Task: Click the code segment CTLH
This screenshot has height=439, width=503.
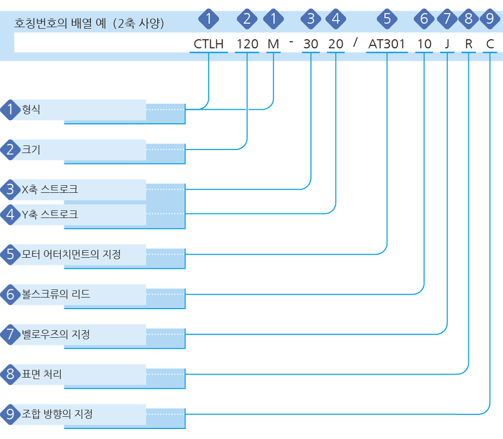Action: pos(209,44)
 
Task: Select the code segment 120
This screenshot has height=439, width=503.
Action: pos(247,44)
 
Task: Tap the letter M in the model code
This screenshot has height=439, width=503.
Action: pos(273,44)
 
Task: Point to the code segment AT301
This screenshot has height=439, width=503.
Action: pos(386,44)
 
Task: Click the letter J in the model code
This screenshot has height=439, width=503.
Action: pos(447,44)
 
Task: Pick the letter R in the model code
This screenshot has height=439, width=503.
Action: pos(469,44)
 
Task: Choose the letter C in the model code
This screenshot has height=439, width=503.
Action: pos(490,44)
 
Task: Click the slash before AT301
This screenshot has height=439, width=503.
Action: pos(356,42)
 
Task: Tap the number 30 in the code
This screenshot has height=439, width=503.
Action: pos(310,44)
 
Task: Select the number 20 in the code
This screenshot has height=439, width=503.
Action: pos(336,44)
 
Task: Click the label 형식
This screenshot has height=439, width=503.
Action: pos(31,110)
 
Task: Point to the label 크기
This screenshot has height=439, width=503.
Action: pos(31,150)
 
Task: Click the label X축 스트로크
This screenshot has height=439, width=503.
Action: pos(50,189)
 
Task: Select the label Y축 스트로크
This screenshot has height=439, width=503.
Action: pos(50,214)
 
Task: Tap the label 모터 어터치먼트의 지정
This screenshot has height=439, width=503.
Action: pos(71,254)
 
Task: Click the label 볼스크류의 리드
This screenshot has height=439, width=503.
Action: pos(56,294)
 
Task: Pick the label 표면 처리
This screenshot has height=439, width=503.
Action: pos(42,374)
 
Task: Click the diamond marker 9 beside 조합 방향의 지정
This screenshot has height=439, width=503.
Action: pos(10,414)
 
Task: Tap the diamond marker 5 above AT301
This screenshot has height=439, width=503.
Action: pos(387,19)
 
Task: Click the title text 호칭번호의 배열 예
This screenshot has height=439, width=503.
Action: pos(60,23)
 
